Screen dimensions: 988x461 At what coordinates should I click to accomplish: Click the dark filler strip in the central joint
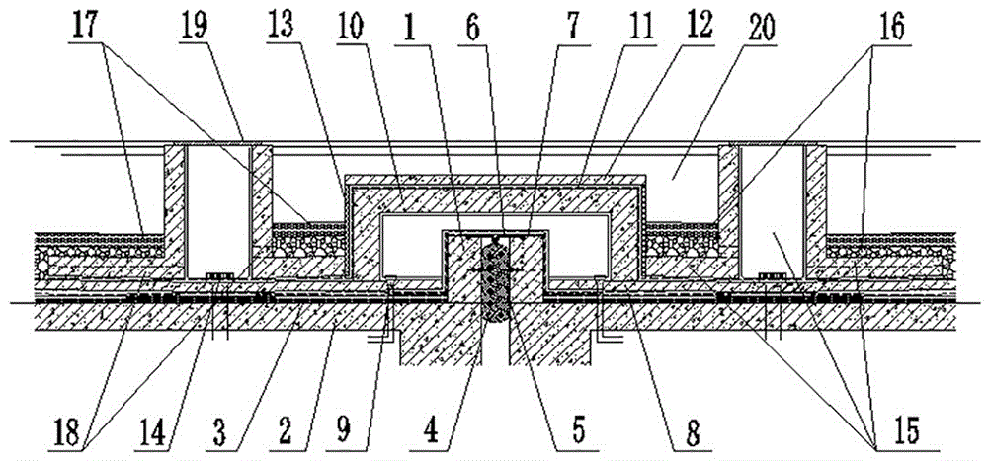coord(493,281)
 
